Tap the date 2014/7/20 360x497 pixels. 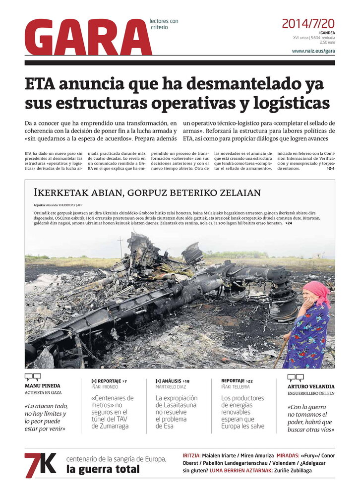[x=308, y=23]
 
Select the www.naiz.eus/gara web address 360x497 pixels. [x=313, y=51]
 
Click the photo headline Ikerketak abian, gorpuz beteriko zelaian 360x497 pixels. [x=147, y=192]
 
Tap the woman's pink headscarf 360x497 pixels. [x=317, y=291]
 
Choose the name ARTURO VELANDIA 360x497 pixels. [x=311, y=386]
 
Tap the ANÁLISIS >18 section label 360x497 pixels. [x=173, y=380]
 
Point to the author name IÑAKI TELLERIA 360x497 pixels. [x=236, y=386]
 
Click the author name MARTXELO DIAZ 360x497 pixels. [x=171, y=386]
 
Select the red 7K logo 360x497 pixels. [x=41, y=465]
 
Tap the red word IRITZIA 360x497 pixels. [x=191, y=455]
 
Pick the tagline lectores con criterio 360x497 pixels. [x=164, y=24]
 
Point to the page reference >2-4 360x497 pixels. [x=330, y=169]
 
